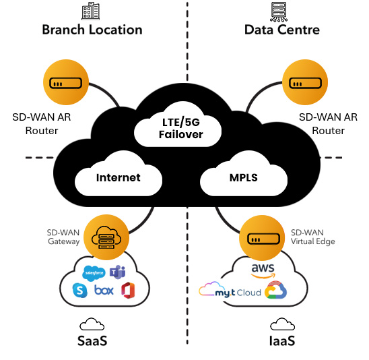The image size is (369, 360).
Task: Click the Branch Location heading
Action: coord(92,30)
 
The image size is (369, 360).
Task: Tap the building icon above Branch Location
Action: coord(91,11)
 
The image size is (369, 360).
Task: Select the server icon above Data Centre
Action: coord(279,11)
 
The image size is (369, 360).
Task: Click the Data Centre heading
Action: coord(282,30)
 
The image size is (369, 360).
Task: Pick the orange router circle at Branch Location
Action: coord(66,82)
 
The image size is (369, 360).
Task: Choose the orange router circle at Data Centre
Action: coord(305,82)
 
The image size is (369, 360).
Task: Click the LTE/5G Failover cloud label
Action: coord(180,128)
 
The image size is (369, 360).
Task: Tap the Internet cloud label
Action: coord(118,178)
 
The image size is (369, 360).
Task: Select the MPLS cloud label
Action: coord(244,178)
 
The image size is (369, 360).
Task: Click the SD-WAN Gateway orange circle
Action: coord(106,237)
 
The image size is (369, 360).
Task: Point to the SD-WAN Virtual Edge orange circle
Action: coord(262,238)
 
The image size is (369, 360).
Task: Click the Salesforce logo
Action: coord(94,273)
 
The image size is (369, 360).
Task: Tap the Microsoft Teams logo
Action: coord(117,272)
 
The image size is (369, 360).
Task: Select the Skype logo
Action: coord(80,291)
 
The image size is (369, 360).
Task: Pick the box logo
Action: coord(104,291)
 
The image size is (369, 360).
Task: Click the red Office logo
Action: coord(128,291)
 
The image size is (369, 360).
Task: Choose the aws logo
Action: coord(263,271)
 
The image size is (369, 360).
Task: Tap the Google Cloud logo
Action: coord(275,290)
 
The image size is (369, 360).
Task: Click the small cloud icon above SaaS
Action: coord(92,324)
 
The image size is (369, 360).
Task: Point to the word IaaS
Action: coord(282,341)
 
